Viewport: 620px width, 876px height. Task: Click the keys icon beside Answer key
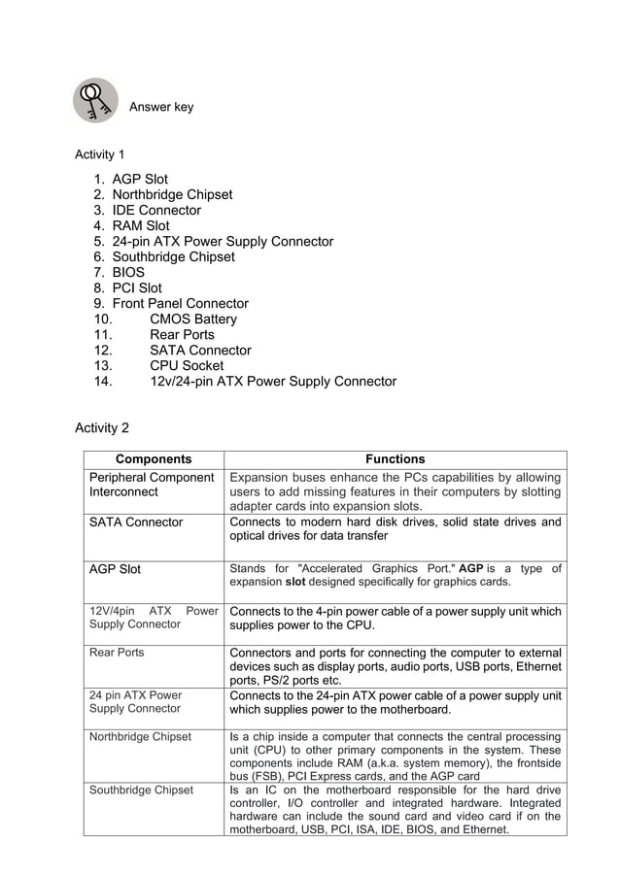[95, 101]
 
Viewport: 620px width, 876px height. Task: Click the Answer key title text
[161, 108]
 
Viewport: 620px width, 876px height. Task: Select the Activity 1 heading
[100, 154]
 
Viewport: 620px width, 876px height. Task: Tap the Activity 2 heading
[102, 428]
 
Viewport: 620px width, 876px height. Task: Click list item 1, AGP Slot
[139, 179]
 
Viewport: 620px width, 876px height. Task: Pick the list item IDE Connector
[155, 210]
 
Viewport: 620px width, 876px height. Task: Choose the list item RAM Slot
[140, 225]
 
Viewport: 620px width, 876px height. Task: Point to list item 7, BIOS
[127, 272]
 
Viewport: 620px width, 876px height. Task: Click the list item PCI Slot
[137, 287]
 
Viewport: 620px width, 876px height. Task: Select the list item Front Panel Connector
[180, 303]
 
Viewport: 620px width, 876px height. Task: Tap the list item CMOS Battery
[192, 319]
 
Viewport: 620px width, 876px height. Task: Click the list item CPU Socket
[187, 365]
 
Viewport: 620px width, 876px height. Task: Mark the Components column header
[154, 459]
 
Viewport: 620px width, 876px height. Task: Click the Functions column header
[395, 459]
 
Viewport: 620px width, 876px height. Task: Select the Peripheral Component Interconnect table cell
[152, 485]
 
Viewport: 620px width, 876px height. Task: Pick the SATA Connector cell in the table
[136, 522]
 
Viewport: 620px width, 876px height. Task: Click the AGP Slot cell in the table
[115, 569]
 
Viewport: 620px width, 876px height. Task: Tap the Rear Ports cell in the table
[117, 653]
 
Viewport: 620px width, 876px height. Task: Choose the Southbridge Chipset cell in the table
[141, 791]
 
